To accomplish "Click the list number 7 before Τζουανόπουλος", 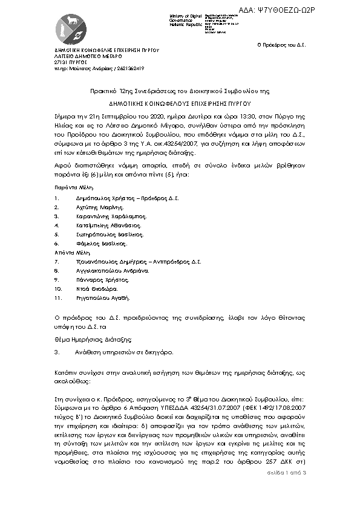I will tap(56, 262).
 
